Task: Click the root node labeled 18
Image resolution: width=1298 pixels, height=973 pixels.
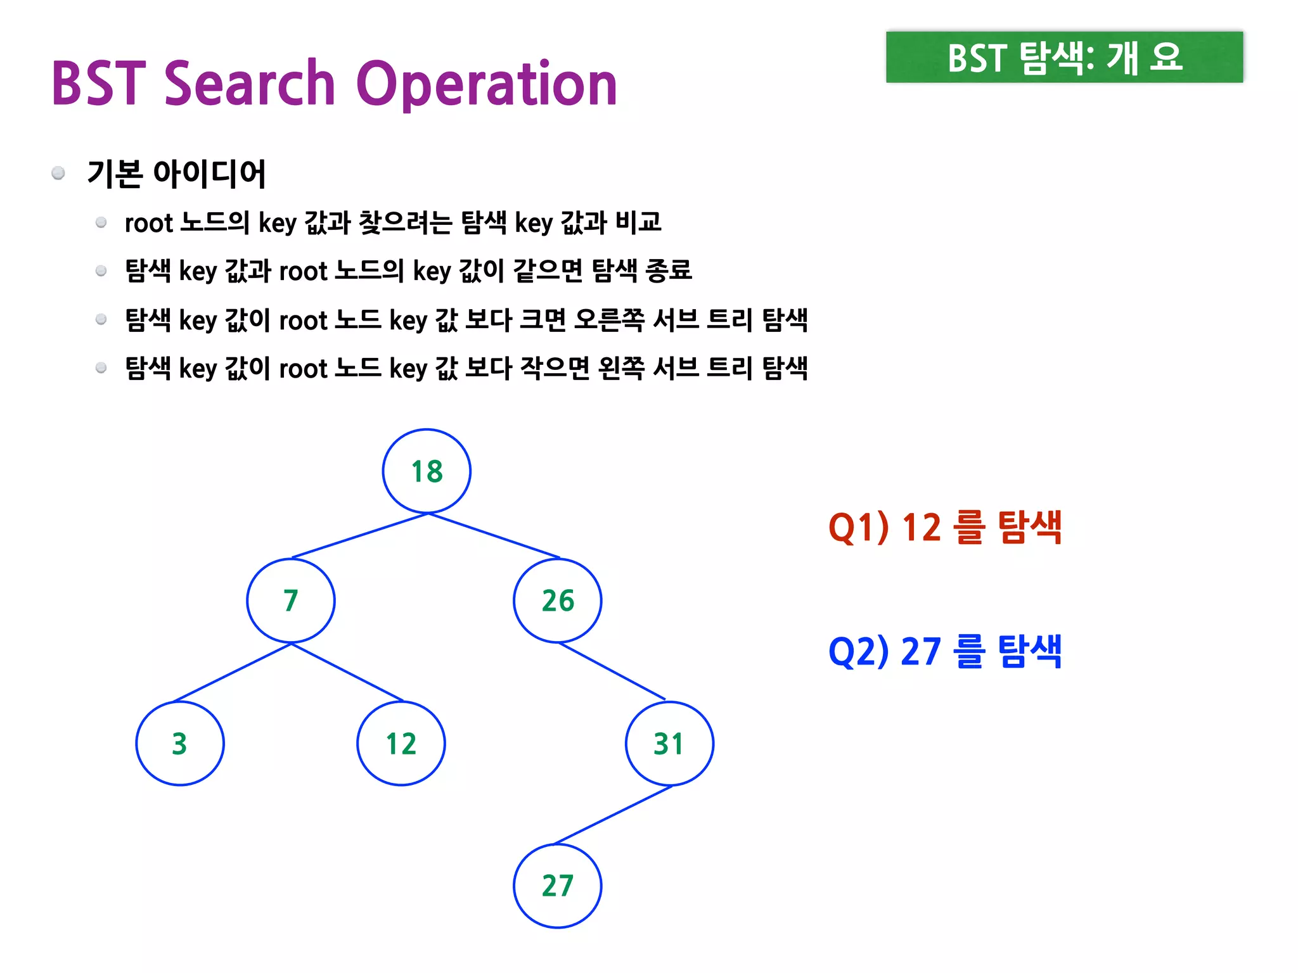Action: [427, 471]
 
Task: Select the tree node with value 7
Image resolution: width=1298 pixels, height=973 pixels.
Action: [291, 601]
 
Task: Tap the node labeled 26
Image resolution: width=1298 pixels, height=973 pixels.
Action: [558, 601]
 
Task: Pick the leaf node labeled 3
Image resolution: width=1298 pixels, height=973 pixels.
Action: [180, 744]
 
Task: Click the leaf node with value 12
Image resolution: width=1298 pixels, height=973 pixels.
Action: [401, 744]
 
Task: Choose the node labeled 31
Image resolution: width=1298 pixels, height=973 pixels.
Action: [669, 744]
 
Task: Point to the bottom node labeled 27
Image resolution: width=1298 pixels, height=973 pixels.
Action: [558, 886]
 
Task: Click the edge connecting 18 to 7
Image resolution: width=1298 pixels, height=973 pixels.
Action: [359, 536]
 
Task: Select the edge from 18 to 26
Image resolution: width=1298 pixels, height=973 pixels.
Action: [494, 536]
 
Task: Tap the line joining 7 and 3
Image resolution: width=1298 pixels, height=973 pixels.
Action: [233, 672]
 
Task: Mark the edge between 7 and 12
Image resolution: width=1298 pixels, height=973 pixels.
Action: [347, 672]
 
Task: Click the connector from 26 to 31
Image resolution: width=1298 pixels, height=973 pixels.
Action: [612, 671]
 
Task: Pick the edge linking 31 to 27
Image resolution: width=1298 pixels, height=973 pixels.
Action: [613, 815]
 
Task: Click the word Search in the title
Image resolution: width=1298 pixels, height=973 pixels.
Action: [249, 84]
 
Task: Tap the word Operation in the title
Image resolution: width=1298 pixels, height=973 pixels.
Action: [487, 85]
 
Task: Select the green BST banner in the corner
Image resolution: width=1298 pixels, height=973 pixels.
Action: [1064, 57]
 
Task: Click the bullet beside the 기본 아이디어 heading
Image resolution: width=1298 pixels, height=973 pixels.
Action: [58, 174]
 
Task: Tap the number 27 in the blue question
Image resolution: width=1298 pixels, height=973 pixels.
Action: [921, 651]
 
